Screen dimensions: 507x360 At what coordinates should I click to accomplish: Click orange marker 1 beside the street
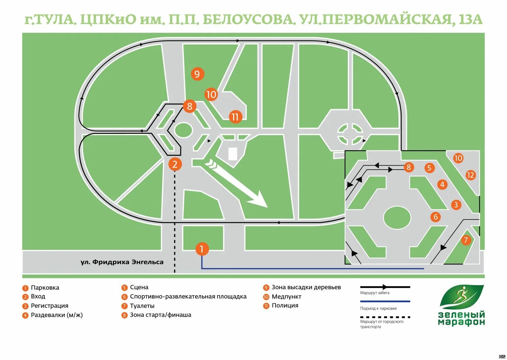202,249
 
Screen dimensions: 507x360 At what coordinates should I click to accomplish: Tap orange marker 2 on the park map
175,164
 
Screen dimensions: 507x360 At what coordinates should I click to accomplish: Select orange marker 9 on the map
197,74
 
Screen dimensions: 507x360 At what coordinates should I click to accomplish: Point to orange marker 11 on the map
235,117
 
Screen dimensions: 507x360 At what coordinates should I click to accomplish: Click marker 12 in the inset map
470,175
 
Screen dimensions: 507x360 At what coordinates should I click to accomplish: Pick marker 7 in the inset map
466,240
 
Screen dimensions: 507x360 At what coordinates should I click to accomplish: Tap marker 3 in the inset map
456,205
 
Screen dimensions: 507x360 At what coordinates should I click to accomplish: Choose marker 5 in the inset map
429,168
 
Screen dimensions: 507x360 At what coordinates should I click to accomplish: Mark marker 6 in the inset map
436,217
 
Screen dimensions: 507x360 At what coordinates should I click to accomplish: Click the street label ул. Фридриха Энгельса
122,262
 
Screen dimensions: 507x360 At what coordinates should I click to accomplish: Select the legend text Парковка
45,288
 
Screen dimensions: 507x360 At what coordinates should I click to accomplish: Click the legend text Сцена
139,287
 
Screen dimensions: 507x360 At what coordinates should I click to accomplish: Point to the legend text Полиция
285,306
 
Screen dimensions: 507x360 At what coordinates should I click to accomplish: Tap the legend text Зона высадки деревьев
306,287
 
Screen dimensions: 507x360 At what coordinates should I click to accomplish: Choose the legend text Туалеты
142,306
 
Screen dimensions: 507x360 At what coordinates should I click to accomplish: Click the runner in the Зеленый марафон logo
460,295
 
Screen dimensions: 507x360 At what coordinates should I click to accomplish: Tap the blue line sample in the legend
385,301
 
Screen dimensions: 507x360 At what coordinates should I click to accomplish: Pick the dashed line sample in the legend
385,317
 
